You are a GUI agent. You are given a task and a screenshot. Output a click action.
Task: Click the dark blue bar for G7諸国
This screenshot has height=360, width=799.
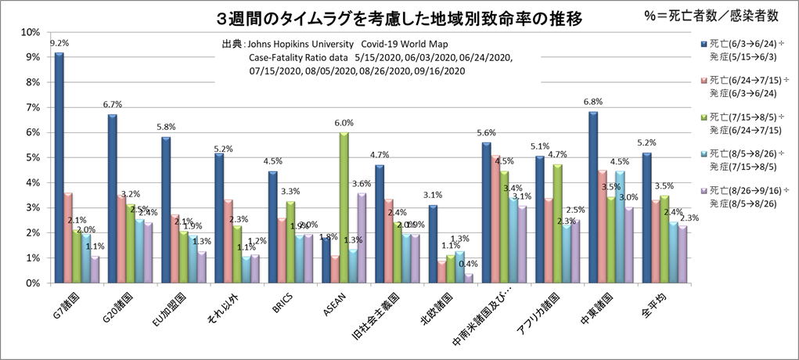click(x=59, y=167)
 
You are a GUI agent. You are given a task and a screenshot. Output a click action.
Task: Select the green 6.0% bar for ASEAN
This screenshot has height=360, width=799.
click(x=344, y=207)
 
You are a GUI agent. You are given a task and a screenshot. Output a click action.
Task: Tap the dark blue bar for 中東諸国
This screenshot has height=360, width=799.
click(x=593, y=196)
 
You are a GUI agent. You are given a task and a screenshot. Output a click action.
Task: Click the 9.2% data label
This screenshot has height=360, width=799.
click(x=59, y=44)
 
